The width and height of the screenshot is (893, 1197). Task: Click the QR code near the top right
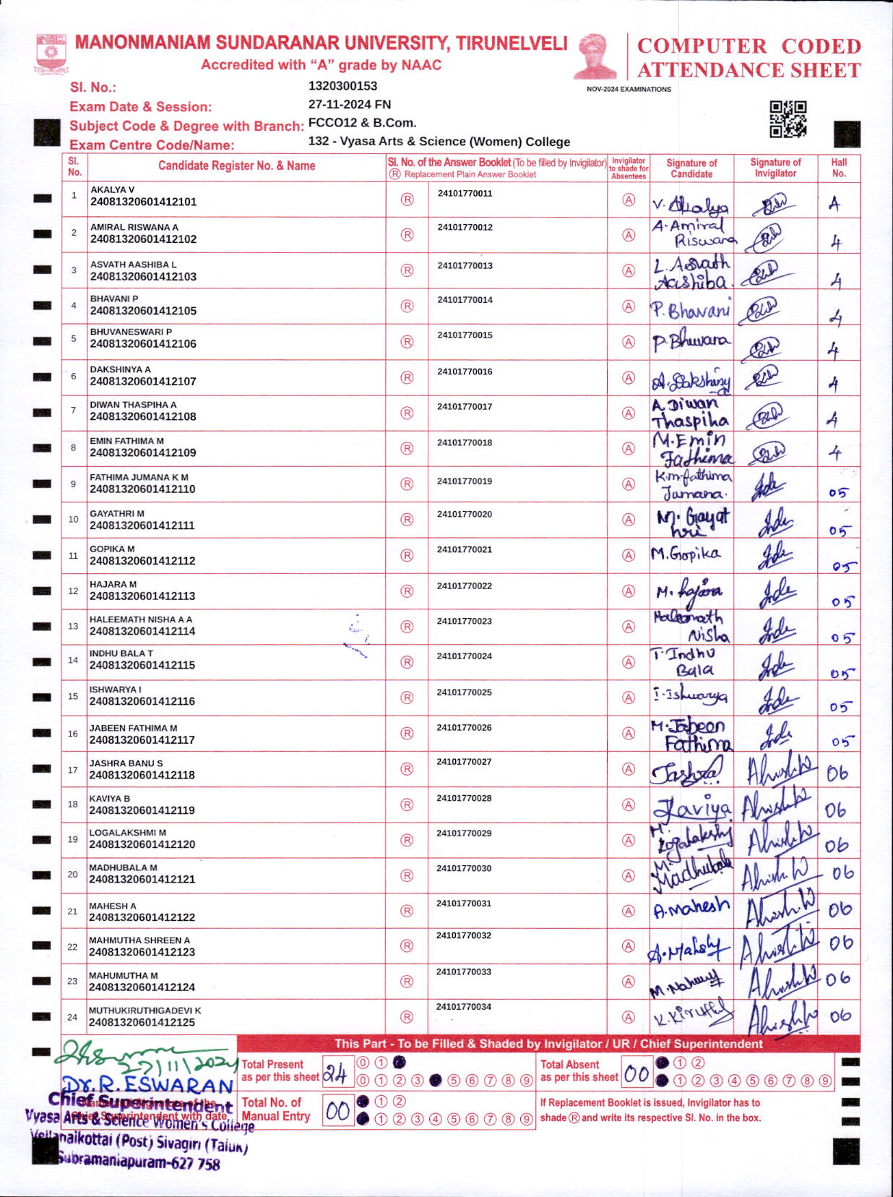pos(788,119)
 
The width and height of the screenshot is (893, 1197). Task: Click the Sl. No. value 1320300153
pos(342,86)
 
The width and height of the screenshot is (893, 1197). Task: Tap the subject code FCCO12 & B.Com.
pos(362,123)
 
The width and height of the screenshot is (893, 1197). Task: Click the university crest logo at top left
pos(51,53)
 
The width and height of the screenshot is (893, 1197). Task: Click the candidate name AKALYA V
pos(112,190)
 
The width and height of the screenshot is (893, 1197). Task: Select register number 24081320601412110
pos(142,489)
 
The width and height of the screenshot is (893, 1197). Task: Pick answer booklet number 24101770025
pos(464,692)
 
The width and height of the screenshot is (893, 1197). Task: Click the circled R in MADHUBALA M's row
pos(407,875)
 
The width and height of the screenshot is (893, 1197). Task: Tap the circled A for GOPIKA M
pos(629,555)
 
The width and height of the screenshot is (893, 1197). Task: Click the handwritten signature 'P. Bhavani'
pos(690,311)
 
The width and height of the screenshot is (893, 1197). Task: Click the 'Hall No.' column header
pos(839,168)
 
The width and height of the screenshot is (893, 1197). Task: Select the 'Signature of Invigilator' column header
pos(775,168)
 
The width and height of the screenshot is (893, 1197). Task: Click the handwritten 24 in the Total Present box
pos(336,1074)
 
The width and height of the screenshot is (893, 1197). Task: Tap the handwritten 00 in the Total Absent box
pos(637,1074)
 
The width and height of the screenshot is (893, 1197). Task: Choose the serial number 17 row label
pos(72,770)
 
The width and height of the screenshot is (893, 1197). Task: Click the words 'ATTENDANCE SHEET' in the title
pos(749,71)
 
